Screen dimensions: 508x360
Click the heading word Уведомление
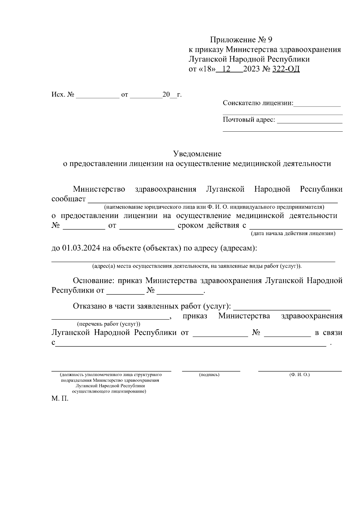tap(197, 154)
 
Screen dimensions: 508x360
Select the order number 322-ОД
tap(286, 69)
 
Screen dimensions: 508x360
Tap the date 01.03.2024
tap(81, 249)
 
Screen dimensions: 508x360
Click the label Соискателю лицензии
tap(258, 103)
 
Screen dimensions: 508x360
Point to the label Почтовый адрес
tap(249, 120)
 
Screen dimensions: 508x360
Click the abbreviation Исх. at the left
tap(58, 95)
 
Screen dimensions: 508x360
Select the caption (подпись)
tap(209, 375)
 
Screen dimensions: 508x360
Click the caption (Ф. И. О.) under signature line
tap(299, 375)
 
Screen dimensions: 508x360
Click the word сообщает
tap(69, 199)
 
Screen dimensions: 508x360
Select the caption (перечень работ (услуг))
tap(109, 324)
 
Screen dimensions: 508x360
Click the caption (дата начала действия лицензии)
tap(293, 233)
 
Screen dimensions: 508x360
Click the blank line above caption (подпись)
tap(211, 371)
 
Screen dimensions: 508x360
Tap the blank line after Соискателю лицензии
tap(317, 106)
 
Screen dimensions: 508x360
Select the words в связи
tap(328, 333)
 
